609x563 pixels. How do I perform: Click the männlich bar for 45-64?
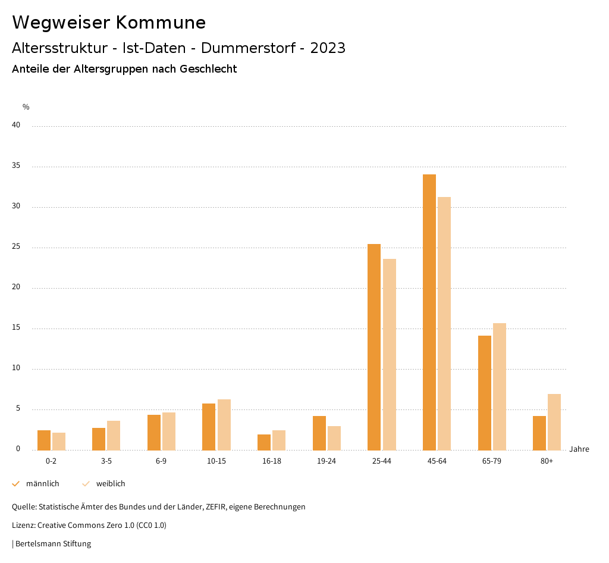[x=429, y=312]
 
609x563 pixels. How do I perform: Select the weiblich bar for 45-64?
[x=444, y=323]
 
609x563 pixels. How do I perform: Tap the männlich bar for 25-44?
[x=374, y=347]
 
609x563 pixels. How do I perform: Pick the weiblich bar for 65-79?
[x=500, y=386]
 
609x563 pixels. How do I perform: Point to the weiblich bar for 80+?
[x=554, y=422]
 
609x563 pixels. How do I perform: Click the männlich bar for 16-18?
[x=264, y=442]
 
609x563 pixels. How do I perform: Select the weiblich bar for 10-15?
[x=224, y=424]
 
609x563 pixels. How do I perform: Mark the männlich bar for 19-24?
[x=319, y=433]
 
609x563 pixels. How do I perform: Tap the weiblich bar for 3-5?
[x=114, y=435]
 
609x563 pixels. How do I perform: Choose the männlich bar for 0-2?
[x=44, y=440]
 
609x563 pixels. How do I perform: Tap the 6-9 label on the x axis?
[x=161, y=461]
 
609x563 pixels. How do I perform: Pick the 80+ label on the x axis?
[x=547, y=461]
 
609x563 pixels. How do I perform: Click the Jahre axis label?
[x=579, y=449]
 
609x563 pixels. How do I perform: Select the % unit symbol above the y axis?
[x=26, y=107]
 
